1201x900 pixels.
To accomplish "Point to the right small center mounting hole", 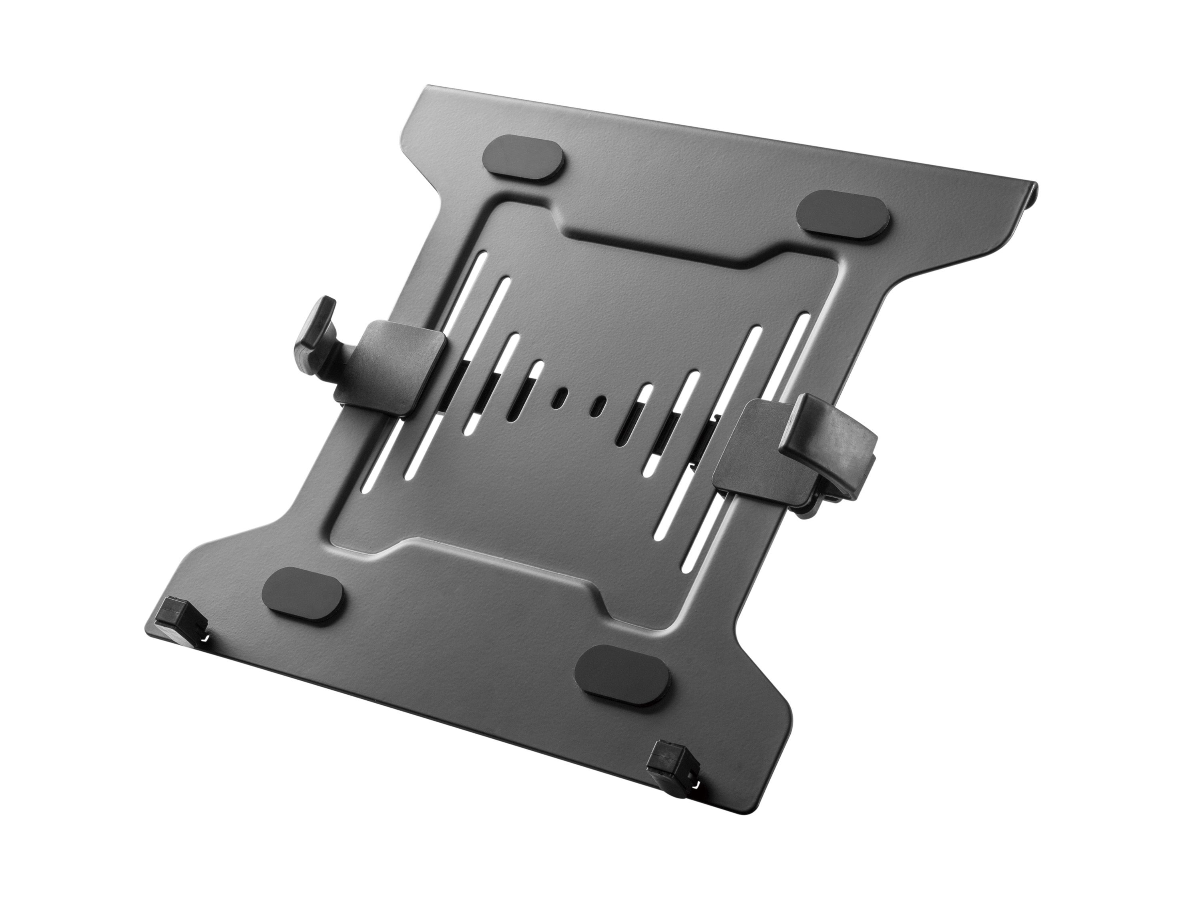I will [x=601, y=419].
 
